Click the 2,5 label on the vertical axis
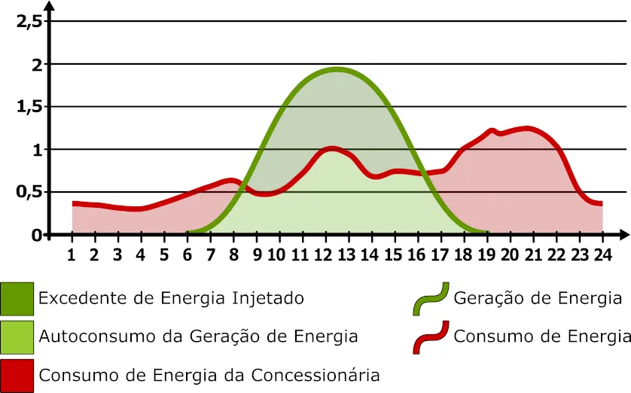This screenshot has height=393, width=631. (x=29, y=21)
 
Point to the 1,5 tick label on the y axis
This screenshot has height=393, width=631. (x=29, y=107)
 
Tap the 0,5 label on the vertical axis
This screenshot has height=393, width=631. (x=29, y=192)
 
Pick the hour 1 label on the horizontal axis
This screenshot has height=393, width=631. (x=72, y=254)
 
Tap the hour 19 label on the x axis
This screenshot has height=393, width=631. (x=486, y=254)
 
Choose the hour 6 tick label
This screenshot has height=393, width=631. (x=187, y=254)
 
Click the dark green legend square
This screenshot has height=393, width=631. (x=17, y=298)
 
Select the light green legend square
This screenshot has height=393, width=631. (x=17, y=337)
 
